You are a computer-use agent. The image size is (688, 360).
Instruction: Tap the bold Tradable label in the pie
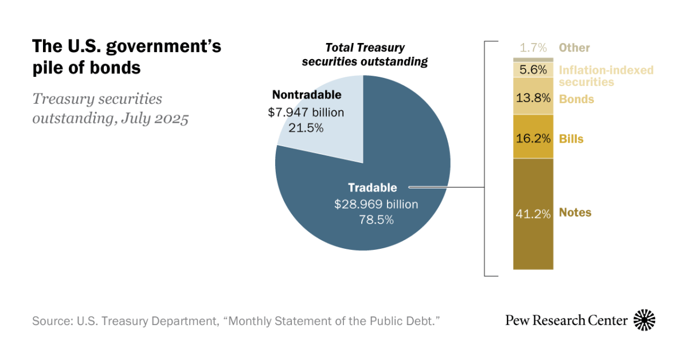click(x=372, y=187)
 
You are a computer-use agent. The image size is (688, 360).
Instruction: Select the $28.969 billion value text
click(x=376, y=204)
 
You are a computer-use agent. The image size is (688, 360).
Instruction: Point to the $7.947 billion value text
click(x=306, y=112)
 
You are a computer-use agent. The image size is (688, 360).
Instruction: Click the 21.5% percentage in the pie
click(x=306, y=128)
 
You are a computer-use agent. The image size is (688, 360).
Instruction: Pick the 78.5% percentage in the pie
click(x=376, y=219)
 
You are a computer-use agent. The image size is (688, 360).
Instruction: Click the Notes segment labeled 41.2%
click(x=533, y=214)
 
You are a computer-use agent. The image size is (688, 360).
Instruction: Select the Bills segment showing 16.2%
click(x=533, y=138)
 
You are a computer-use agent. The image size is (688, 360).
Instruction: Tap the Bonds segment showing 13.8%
click(x=533, y=97)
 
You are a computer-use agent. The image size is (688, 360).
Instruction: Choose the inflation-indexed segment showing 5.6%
click(x=533, y=70)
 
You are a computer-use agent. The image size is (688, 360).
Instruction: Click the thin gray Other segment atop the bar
click(x=533, y=60)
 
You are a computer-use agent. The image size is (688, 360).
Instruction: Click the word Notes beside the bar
click(x=575, y=213)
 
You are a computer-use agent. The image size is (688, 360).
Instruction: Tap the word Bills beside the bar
click(x=571, y=139)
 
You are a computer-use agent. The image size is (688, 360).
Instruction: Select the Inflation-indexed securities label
click(x=606, y=76)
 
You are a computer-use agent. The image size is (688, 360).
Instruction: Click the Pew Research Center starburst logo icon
click(x=644, y=320)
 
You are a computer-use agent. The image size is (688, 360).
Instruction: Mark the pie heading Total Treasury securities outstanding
click(x=365, y=55)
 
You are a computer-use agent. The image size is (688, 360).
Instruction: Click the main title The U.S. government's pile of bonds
click(x=126, y=57)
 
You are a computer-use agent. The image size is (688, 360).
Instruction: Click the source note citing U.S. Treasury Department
click(x=236, y=320)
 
